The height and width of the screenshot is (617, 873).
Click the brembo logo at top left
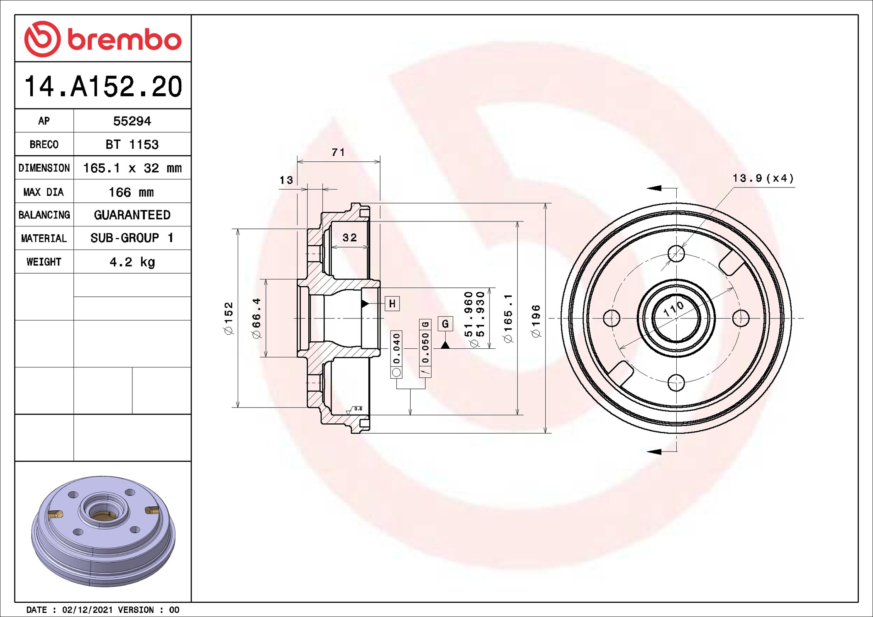click(103, 39)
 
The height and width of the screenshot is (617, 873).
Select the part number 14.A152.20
click(103, 86)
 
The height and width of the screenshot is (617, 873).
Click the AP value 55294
click(132, 121)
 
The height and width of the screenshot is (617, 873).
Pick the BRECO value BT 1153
click(132, 144)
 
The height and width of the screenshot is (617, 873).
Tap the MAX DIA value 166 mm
click(131, 192)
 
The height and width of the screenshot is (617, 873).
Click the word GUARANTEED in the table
click(132, 215)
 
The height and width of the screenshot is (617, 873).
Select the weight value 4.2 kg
click(132, 262)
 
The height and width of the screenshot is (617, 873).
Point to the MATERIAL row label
click(44, 238)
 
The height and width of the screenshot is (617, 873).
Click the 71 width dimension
click(338, 152)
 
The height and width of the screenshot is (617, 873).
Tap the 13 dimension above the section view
click(286, 180)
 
